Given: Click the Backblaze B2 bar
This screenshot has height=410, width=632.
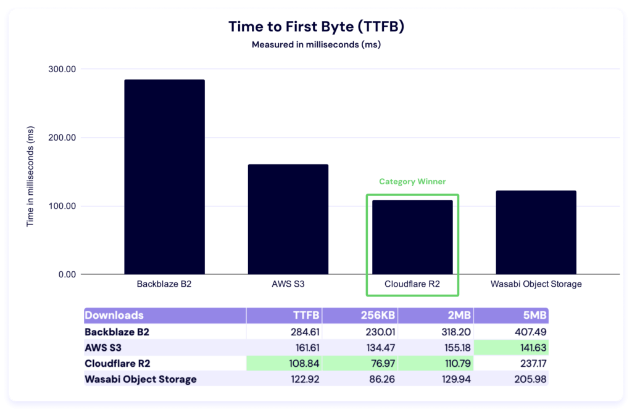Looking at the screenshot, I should click(164, 177).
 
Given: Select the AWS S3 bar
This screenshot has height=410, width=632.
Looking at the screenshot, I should click(288, 219).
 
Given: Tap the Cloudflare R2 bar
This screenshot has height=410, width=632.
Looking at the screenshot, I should click(412, 237).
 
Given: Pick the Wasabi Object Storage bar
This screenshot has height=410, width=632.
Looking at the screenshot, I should click(536, 232).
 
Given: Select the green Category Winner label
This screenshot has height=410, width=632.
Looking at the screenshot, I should click(412, 182).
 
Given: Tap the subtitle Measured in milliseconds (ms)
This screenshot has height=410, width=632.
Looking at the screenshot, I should click(315, 44).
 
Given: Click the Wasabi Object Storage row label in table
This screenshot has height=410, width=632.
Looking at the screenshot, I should click(140, 379).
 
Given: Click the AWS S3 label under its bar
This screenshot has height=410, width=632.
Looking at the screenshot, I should click(288, 284).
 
